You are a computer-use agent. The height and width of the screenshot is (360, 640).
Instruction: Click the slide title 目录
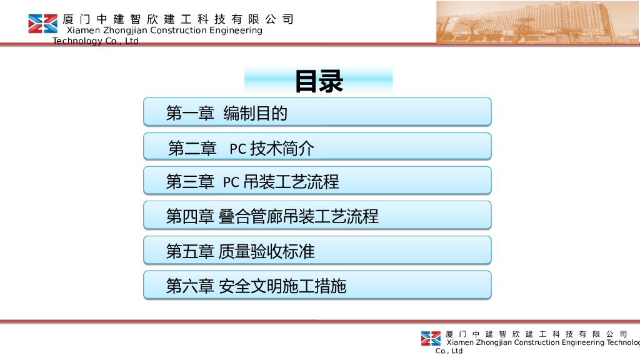(319, 81)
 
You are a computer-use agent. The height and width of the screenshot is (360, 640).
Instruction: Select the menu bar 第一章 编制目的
(317, 112)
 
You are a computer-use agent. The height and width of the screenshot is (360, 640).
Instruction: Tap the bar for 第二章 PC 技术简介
(317, 146)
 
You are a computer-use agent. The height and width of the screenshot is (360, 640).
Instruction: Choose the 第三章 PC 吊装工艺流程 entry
(317, 181)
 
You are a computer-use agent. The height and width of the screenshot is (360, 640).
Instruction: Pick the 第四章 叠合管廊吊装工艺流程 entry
(317, 215)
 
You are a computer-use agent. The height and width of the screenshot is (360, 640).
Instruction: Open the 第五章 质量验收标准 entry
(317, 250)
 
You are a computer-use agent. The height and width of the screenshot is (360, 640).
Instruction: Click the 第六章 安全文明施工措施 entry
(317, 285)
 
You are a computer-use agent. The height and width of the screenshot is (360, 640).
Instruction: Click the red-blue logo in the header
(43, 24)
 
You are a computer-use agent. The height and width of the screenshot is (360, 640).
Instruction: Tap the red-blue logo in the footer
(431, 339)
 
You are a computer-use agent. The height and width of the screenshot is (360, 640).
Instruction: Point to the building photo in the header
(538, 22)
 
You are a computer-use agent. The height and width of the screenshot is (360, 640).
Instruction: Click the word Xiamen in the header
(83, 30)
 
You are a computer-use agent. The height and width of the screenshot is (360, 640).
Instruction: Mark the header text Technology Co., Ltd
(96, 41)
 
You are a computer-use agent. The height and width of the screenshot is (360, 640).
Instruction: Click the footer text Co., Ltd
(449, 351)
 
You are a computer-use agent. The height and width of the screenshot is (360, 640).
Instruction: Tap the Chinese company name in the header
(178, 19)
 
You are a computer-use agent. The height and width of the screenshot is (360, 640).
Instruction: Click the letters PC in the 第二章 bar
(238, 149)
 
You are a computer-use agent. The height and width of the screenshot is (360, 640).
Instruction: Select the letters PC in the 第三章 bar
(231, 182)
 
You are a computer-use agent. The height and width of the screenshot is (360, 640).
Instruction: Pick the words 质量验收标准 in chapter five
(266, 251)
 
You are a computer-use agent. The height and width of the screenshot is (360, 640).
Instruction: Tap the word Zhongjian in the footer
(494, 342)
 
